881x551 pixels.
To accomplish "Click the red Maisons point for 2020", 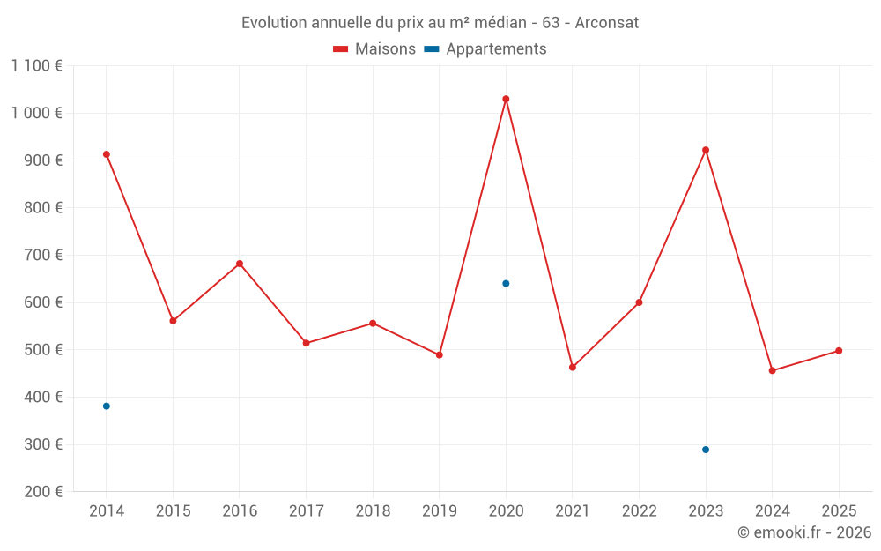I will [x=506, y=99].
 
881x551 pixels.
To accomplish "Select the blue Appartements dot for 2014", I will [x=107, y=406].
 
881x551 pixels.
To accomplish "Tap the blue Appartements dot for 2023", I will [x=706, y=450].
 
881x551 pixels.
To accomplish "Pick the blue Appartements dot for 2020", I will [x=506, y=284].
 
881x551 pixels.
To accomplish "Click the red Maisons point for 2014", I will [x=107, y=154].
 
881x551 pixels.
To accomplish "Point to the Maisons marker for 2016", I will [x=240, y=264].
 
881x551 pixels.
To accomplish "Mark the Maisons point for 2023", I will [x=706, y=150].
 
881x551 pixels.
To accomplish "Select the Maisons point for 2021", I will [x=573, y=368].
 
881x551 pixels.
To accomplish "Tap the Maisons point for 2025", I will [x=839, y=351].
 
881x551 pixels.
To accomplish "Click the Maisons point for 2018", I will [x=373, y=324].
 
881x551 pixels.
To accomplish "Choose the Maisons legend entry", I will [x=374, y=49].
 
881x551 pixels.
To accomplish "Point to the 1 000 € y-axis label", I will [x=36, y=113].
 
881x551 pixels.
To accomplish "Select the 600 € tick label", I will [x=41, y=302].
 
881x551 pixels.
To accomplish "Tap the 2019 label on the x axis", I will [x=440, y=511].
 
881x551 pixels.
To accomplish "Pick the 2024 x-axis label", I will [x=772, y=511].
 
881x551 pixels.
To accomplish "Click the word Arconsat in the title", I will [x=607, y=22].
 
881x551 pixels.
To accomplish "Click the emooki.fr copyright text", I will [x=804, y=532].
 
